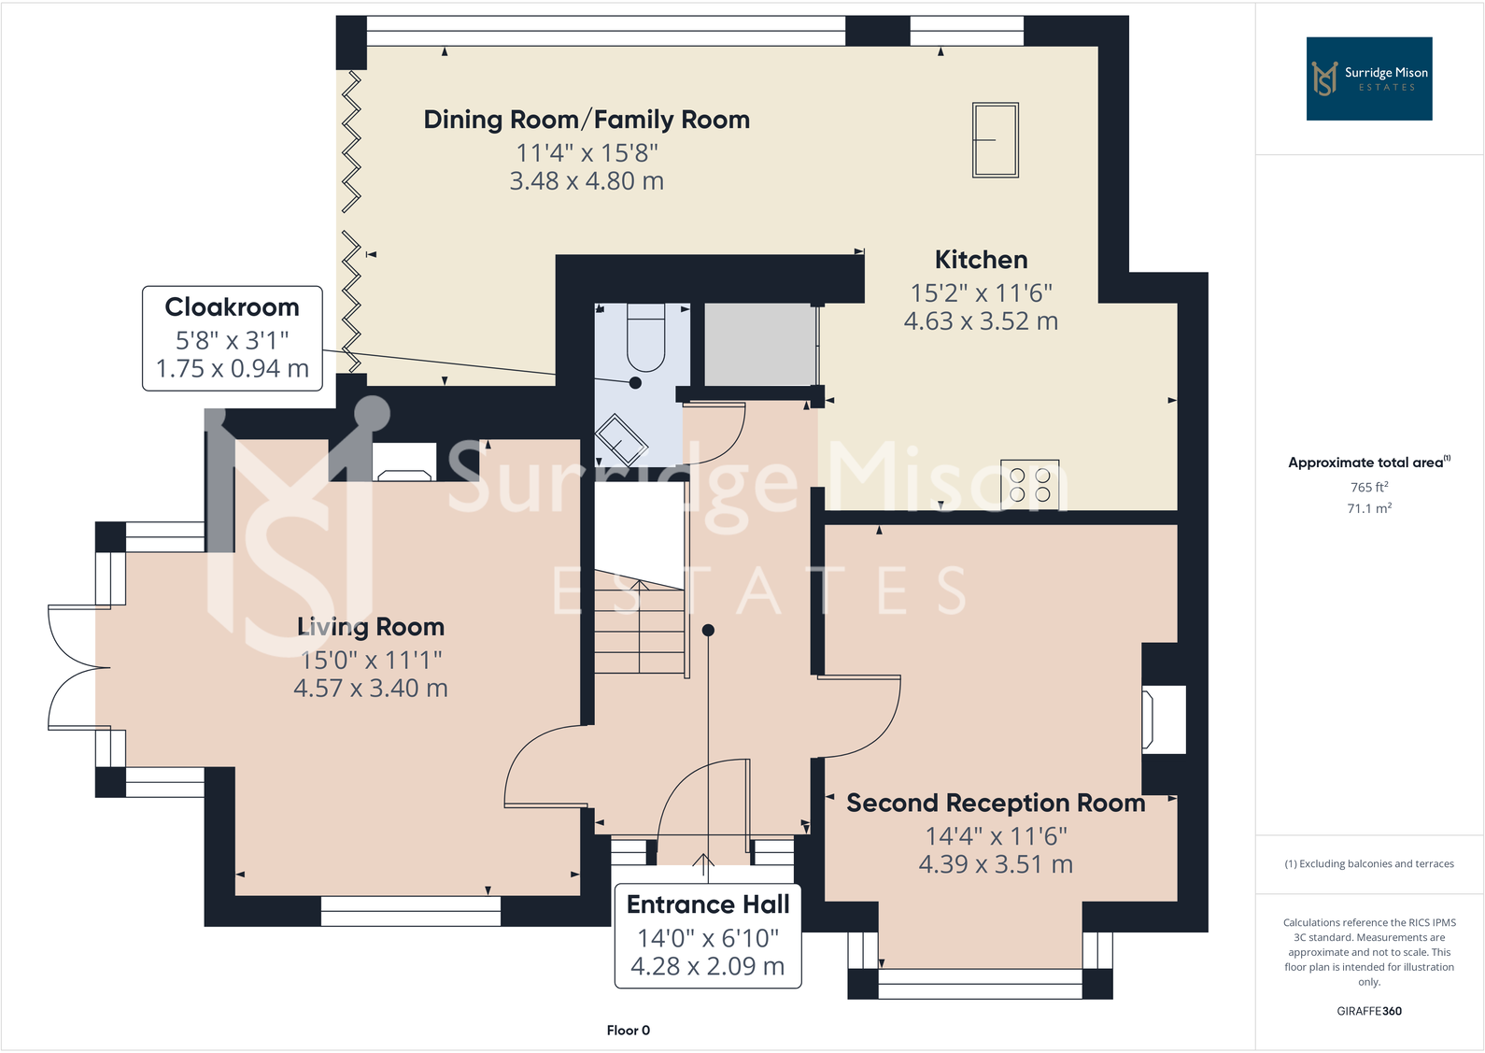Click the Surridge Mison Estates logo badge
pos(1368,78)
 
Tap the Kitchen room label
pos(981,260)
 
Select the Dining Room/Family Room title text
pos(587,120)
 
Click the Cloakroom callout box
pos(233,337)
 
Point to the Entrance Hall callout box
pos(708,935)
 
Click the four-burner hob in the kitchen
pos(1029,485)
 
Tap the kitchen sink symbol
pos(995,140)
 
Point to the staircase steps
pos(640,626)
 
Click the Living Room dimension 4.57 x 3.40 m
pos(371,689)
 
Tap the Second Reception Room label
pos(996,804)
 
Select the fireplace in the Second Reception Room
pos(1164,719)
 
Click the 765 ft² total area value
pos(1368,487)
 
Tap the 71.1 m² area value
pos(1368,508)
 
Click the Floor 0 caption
pos(628,1031)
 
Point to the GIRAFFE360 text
pos(1368,1011)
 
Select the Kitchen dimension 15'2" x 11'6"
pos(981,293)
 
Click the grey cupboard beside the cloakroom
pos(759,344)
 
